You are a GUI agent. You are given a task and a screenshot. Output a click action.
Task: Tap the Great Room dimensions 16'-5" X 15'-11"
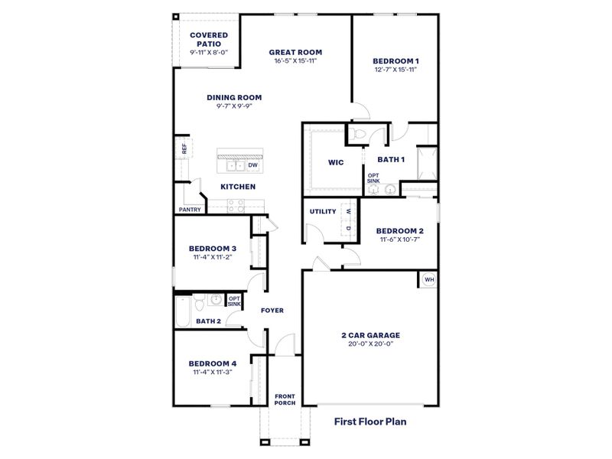pos(295,60)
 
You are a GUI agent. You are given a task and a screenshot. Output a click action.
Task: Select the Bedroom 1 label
pos(396,60)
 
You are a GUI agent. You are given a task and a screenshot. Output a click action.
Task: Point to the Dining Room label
pos(234,97)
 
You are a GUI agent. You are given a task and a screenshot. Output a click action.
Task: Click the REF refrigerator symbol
pos(184,148)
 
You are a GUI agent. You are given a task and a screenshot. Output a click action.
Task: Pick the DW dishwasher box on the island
pos(252,164)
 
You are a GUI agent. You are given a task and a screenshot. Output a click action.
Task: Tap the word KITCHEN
pos(238,187)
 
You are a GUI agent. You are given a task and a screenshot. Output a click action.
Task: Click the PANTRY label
pos(189,209)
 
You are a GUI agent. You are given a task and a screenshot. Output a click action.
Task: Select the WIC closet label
pos(334,162)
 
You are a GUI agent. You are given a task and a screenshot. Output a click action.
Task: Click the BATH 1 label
pos(391,159)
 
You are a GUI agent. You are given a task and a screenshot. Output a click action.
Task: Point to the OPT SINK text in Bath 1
pos(373,178)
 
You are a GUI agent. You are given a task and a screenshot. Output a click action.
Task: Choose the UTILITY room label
pos(323,211)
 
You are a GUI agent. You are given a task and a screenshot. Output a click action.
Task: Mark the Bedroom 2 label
pos(399,230)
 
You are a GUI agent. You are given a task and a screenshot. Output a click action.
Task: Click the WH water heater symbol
pos(429,280)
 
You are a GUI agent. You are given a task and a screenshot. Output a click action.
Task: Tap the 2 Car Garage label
pos(371,334)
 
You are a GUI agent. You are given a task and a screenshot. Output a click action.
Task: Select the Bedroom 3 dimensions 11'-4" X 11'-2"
pos(212,257)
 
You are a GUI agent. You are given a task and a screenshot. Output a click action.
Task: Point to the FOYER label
pos(272,311)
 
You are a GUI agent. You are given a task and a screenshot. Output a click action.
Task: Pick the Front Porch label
pos(285,399)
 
